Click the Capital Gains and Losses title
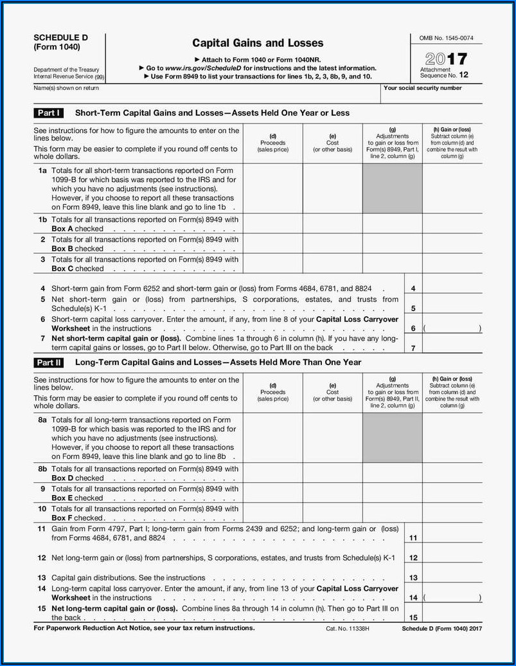point(258,43)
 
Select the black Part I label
point(48,113)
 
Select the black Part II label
point(48,363)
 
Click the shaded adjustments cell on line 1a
point(392,188)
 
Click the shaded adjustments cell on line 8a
point(392,438)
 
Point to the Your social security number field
point(431,96)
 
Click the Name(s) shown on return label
point(66,88)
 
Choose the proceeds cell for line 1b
point(272,224)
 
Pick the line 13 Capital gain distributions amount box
point(452,578)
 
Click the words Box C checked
point(77,269)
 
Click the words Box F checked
point(77,518)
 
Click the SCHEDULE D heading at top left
point(61,37)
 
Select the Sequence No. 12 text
point(445,75)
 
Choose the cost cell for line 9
point(332,493)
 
